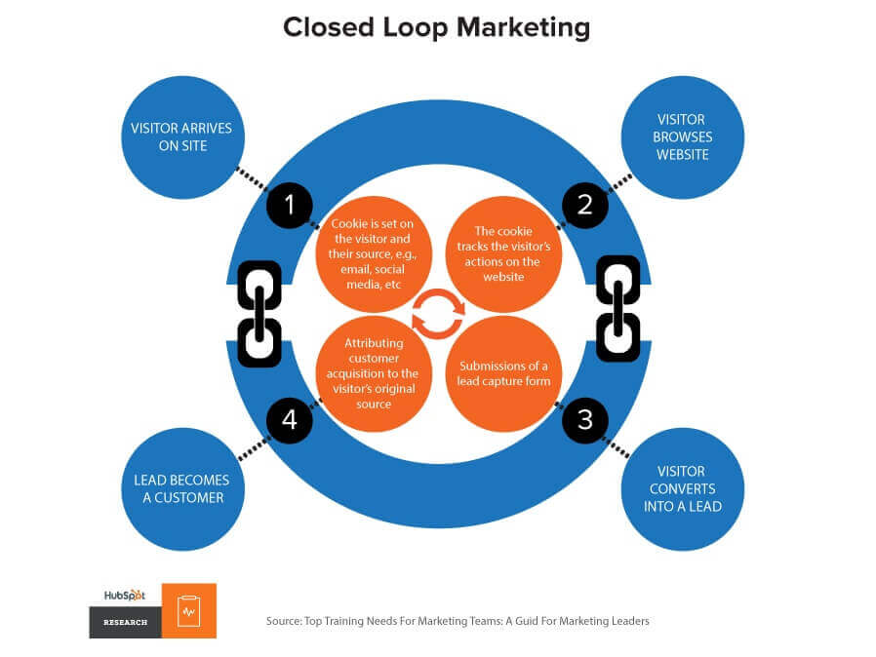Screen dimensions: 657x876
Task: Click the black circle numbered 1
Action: (290, 205)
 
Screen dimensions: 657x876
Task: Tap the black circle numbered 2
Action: (585, 205)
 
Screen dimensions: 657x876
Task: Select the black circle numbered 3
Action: (585, 420)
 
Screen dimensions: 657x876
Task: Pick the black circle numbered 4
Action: (290, 420)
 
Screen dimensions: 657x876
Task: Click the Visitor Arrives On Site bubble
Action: (181, 137)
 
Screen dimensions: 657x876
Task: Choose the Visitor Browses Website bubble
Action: (683, 137)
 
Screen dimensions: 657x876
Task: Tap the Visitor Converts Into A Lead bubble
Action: (682, 488)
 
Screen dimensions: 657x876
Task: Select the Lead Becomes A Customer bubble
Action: (181, 488)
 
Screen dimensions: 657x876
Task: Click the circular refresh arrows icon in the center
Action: (438, 314)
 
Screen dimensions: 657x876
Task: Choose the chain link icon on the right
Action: (617, 305)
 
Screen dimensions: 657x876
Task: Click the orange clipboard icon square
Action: (189, 611)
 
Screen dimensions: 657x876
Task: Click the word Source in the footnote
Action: (285, 621)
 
